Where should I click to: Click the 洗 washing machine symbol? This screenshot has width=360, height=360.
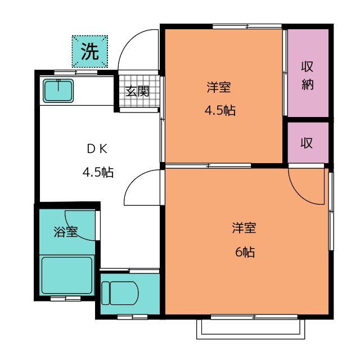tap(90, 51)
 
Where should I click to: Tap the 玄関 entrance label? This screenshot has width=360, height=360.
tap(137, 91)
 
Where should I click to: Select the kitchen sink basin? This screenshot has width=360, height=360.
tap(58, 91)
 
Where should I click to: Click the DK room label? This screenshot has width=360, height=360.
tap(97, 149)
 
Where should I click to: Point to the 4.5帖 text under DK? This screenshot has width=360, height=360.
tap(98, 172)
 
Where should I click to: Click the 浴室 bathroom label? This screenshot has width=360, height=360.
tap(66, 232)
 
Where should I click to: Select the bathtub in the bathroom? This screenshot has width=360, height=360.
tap(67, 275)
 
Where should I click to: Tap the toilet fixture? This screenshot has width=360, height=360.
tap(120, 293)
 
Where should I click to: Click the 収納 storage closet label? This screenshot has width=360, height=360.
tap(308, 75)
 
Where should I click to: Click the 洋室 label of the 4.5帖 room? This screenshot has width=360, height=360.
tap(219, 88)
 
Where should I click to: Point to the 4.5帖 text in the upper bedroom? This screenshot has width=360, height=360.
tap(220, 110)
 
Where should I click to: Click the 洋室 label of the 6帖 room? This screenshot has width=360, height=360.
tap(244, 228)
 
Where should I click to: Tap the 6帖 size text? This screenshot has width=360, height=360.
tap(245, 252)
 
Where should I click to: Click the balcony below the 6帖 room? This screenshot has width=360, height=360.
tap(251, 329)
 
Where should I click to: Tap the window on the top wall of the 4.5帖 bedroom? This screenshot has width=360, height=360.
tap(247, 26)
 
